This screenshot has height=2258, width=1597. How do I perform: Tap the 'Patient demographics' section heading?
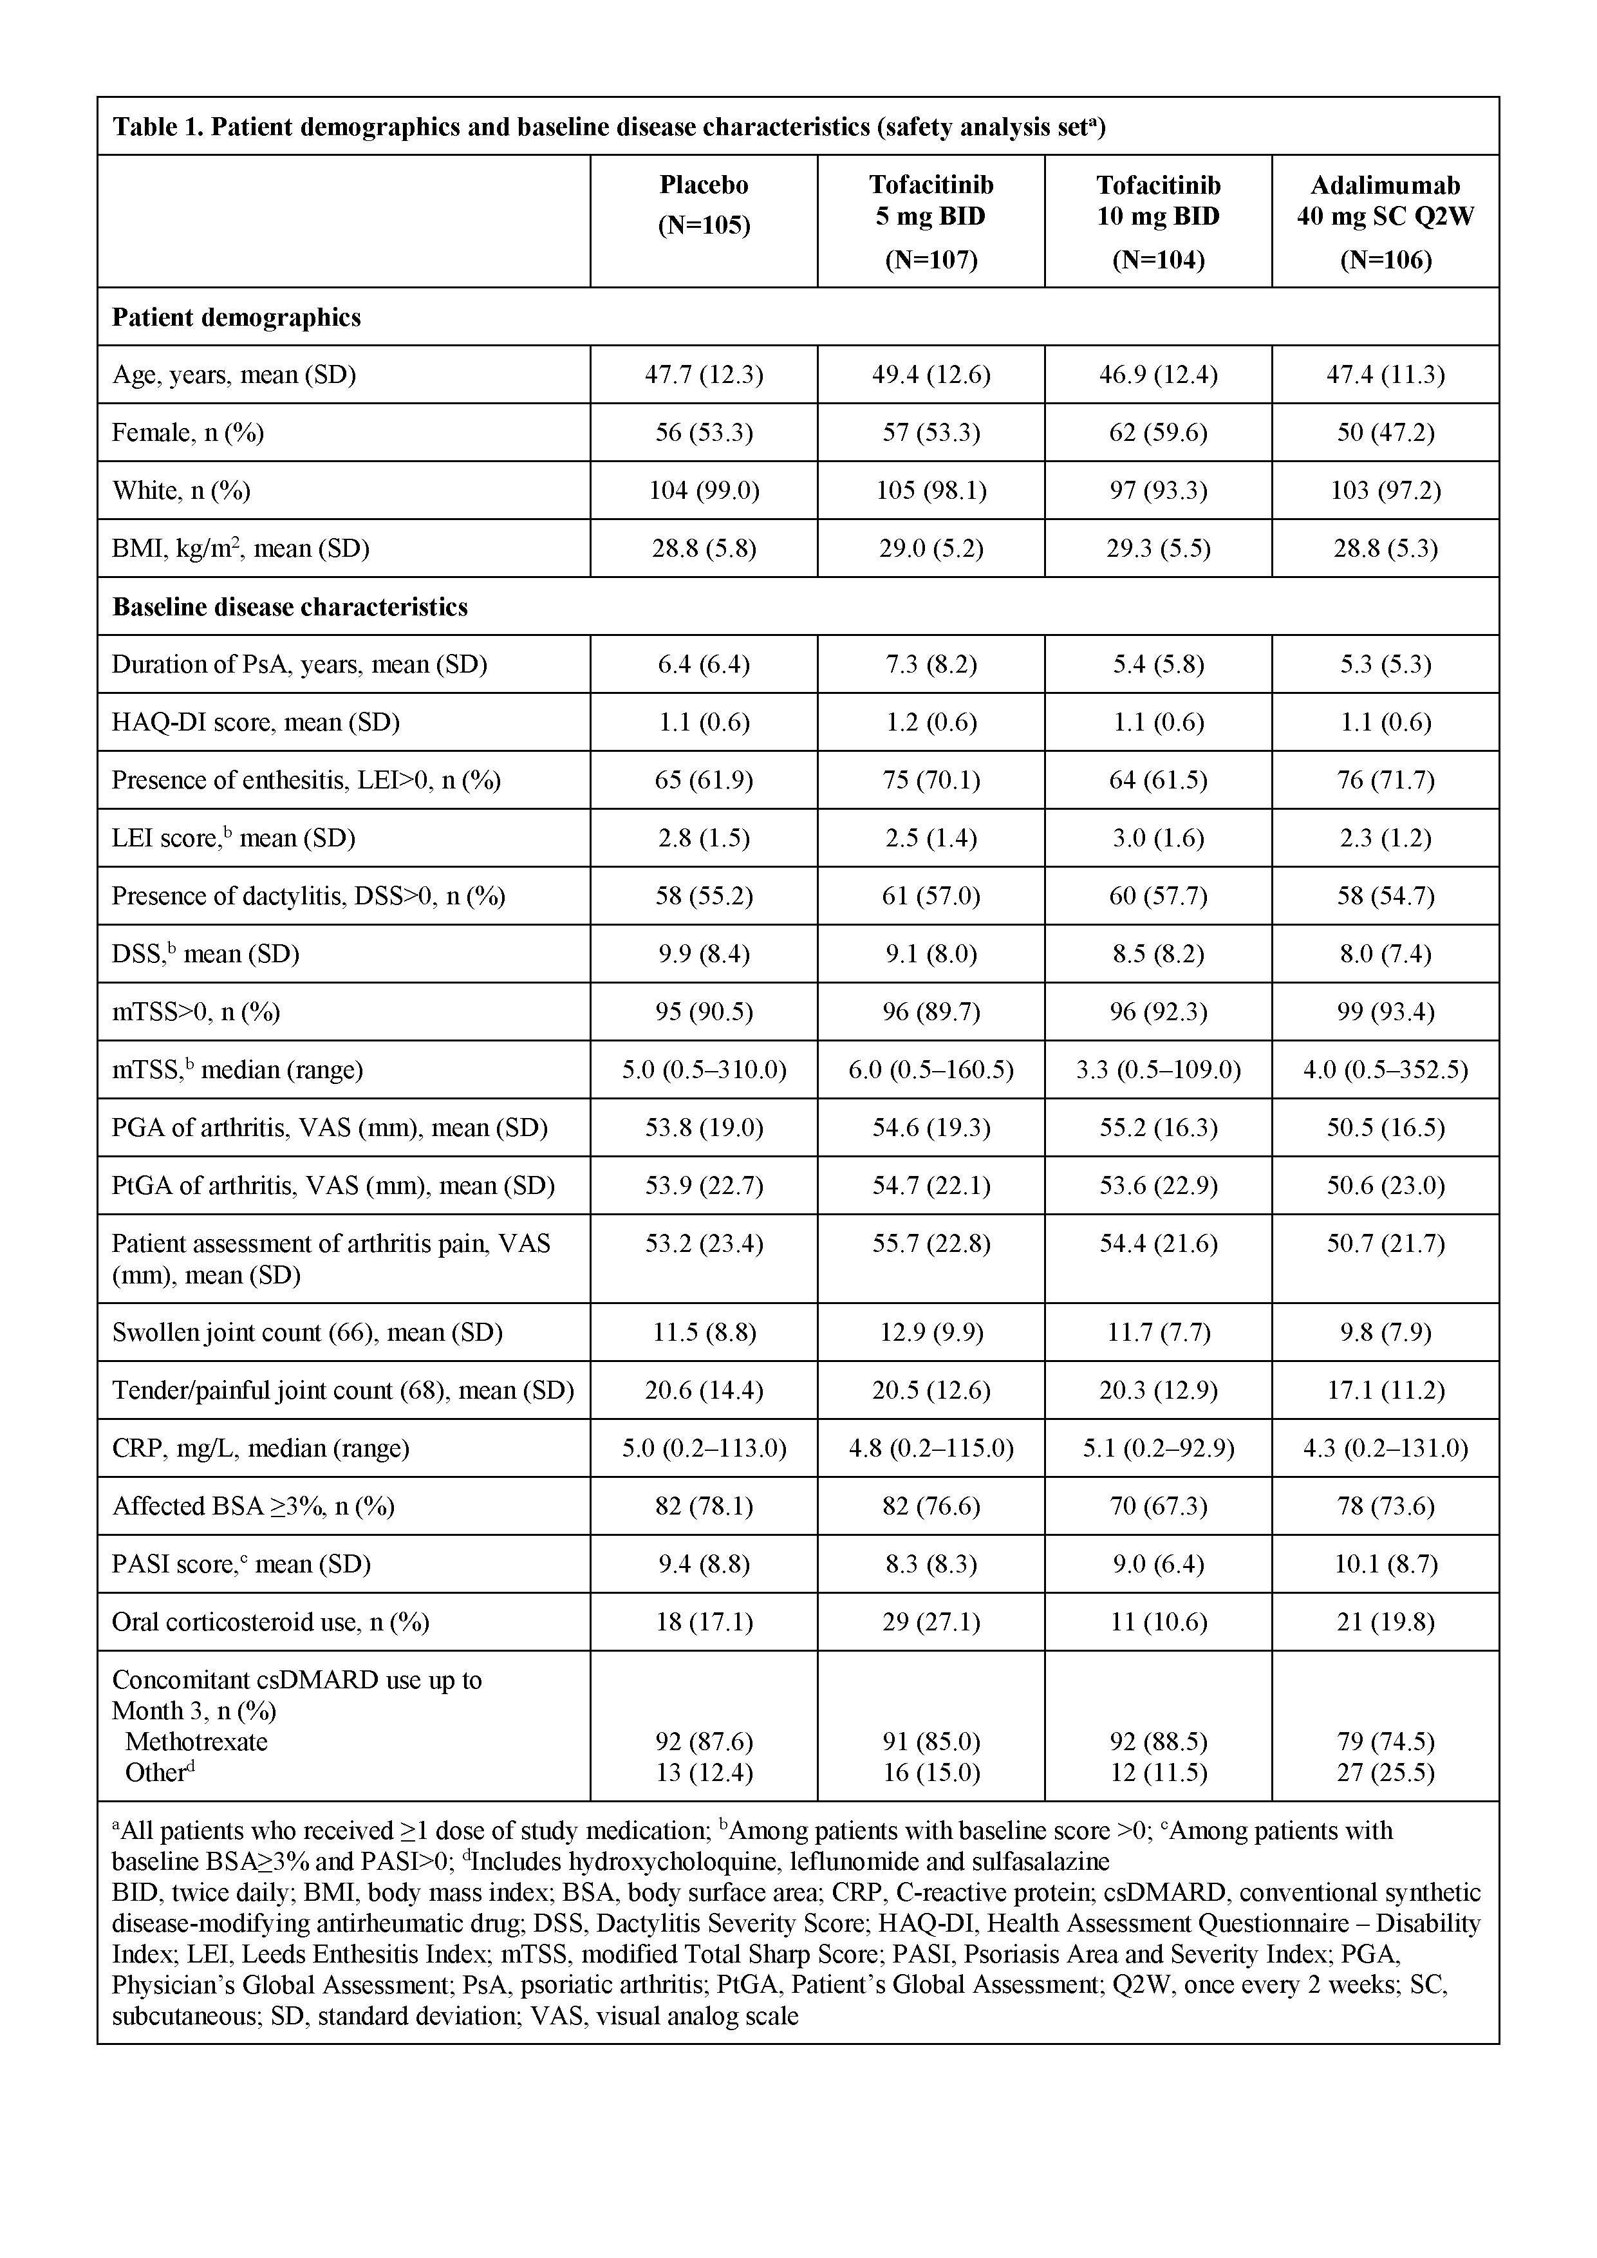tap(236, 318)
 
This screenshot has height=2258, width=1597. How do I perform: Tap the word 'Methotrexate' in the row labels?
tap(197, 1742)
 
